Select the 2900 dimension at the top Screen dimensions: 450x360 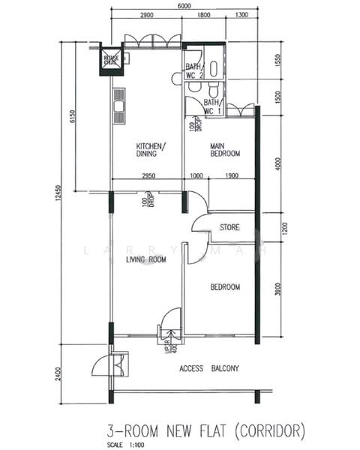[146, 16]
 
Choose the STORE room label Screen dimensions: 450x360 [229, 226]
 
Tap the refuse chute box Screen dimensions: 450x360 [111, 60]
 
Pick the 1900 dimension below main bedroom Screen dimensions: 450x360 [231, 175]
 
